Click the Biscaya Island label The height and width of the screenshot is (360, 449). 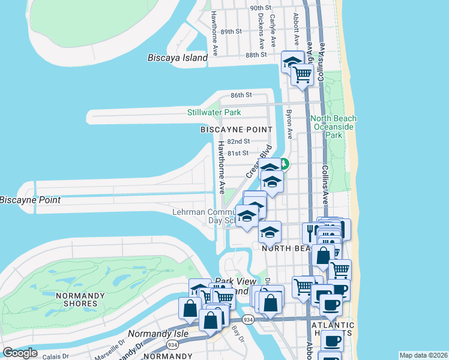[x=178, y=58]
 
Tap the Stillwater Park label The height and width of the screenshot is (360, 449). [x=214, y=112]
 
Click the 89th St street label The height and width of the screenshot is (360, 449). [x=231, y=31]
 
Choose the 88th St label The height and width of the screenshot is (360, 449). [x=256, y=55]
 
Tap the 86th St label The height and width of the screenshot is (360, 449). [x=241, y=95]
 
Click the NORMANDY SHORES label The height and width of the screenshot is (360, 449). [x=76, y=299]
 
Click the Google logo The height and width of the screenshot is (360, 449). [x=20, y=352]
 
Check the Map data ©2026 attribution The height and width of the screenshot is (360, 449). [x=424, y=355]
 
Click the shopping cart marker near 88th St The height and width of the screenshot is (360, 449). [x=303, y=75]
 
